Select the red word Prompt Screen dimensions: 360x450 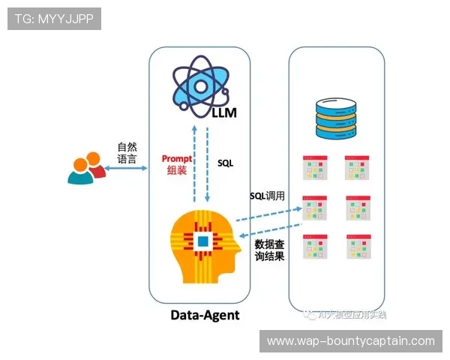[177, 159]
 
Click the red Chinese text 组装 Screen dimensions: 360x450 [177, 171]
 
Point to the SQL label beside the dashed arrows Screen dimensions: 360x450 [226, 162]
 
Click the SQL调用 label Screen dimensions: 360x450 [268, 196]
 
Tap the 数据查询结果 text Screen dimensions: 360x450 [269, 251]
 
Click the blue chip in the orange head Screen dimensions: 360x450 [202, 241]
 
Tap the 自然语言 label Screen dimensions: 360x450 [127, 153]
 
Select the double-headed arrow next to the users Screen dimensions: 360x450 [126, 169]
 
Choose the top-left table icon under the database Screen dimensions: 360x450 [314, 168]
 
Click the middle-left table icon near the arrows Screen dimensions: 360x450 [314, 208]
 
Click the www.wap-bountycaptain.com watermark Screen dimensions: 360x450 [351, 340]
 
